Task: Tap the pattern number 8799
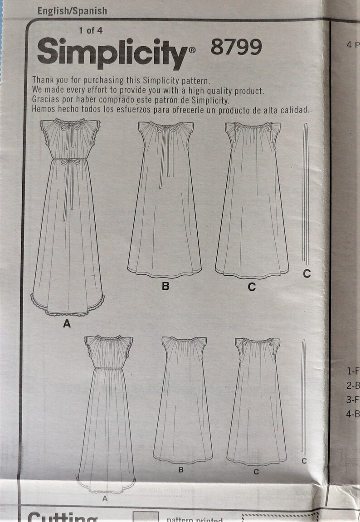(236, 47)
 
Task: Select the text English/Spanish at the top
(73, 10)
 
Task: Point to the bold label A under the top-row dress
(67, 324)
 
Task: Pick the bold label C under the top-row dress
(252, 287)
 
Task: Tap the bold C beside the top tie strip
(307, 274)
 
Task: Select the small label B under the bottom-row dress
(180, 470)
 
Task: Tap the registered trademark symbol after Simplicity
(192, 52)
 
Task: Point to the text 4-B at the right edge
(353, 414)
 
